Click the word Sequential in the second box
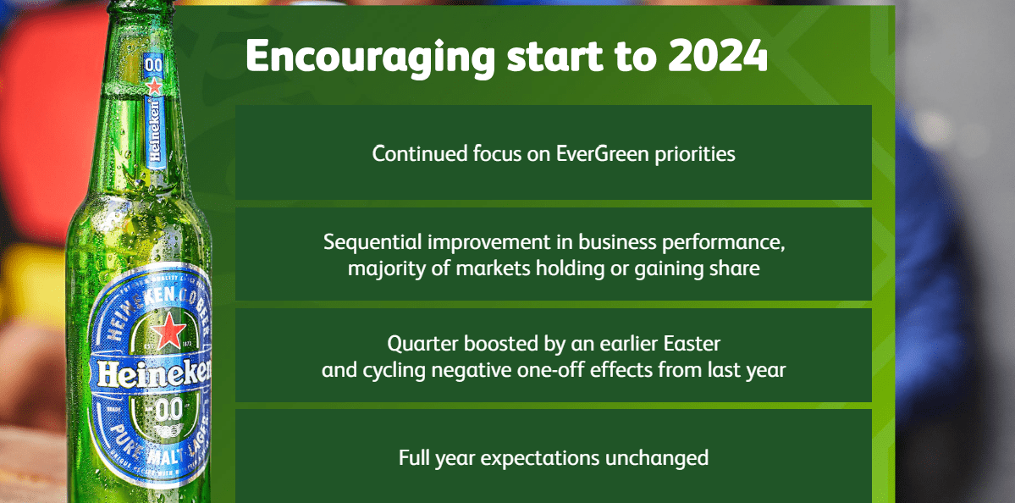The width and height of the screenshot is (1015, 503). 372,241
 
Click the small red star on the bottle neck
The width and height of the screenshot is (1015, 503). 154,87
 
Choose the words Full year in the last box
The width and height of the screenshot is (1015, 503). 428,458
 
